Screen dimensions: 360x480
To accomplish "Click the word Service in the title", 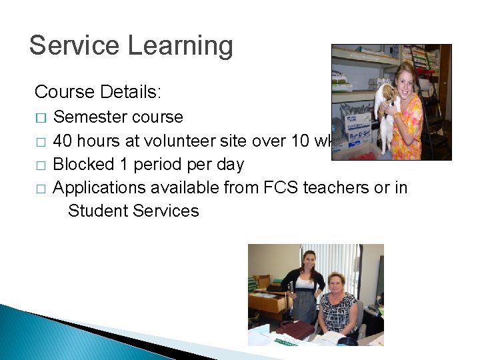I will click(74, 46).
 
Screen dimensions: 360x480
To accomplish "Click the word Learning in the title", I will click(180, 46).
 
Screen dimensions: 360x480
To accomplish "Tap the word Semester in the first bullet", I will click(89, 117).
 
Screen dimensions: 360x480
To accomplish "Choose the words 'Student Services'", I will click(133, 211).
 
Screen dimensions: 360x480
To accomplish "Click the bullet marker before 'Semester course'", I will click(41, 118).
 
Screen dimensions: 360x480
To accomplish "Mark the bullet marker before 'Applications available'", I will click(41, 189).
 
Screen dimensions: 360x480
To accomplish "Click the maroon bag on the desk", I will click(296, 329).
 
